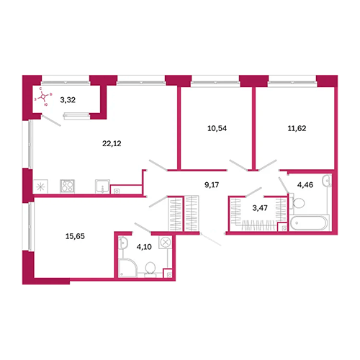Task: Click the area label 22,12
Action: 112,143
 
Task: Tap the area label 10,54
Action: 217,128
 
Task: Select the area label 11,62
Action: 297,128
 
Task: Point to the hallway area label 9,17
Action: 212,185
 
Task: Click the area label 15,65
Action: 75,236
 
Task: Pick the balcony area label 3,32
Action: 68,100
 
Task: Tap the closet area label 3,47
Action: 260,208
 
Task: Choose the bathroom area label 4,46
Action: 305,185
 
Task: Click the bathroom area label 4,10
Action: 144,247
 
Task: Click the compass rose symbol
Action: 42,96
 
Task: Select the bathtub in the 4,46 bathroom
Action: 309,223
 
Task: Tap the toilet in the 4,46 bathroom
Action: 297,203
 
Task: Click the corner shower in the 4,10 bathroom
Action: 127,268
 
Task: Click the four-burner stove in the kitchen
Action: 67,186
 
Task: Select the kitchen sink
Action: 102,186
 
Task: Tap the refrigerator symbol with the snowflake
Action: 40,186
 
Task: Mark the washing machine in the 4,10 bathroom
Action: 166,242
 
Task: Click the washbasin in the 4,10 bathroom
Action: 122,243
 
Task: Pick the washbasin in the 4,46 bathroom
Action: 327,181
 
